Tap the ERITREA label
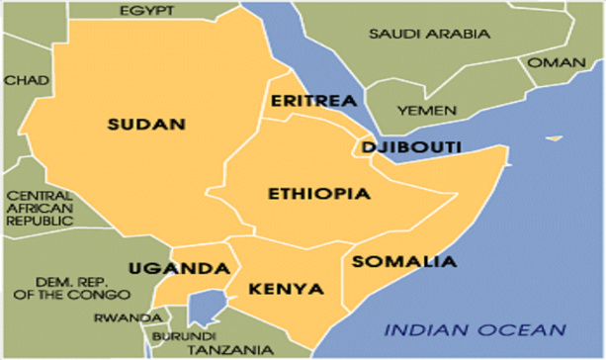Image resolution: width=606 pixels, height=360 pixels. pos(306,101)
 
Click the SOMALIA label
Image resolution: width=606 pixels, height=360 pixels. pos(405,262)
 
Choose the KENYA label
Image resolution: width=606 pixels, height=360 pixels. pos(286,289)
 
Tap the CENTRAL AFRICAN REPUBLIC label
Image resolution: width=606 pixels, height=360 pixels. pos(41,209)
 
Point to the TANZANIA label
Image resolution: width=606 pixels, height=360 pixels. pos(226,349)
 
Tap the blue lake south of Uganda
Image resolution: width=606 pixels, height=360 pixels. pos(205,308)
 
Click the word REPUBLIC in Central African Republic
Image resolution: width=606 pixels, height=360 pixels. pos(41,222)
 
